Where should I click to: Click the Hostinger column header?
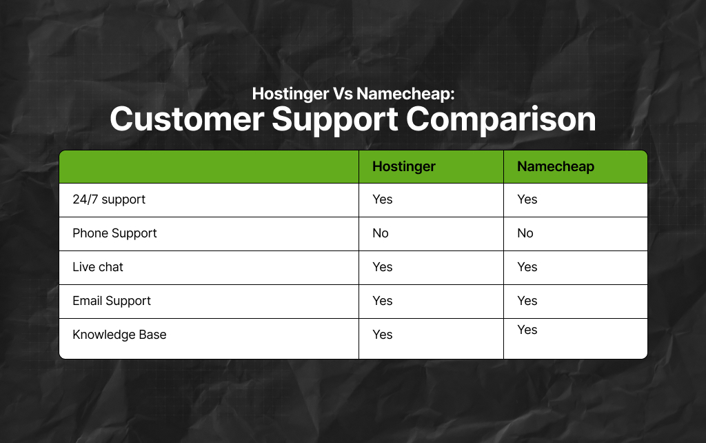pyautogui.click(x=404, y=166)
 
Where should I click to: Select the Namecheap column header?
pyautogui.click(x=556, y=166)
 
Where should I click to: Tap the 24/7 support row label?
pyautogui.click(x=109, y=199)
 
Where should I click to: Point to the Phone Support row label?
pyautogui.click(x=114, y=233)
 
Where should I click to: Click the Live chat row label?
pyautogui.click(x=98, y=267)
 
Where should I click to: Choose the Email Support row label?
pyautogui.click(x=112, y=301)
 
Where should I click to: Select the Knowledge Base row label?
pyautogui.click(x=119, y=335)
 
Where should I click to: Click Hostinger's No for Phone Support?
pyautogui.click(x=381, y=233)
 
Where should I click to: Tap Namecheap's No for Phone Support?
pyautogui.click(x=525, y=233)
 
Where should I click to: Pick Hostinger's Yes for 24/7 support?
pyautogui.click(x=382, y=199)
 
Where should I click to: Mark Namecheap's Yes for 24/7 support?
pyautogui.click(x=527, y=199)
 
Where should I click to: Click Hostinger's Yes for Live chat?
pyautogui.click(x=382, y=267)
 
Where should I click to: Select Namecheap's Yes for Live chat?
pyautogui.click(x=527, y=267)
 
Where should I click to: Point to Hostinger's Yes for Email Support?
pyautogui.click(x=382, y=301)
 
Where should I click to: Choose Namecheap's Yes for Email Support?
pyautogui.click(x=527, y=301)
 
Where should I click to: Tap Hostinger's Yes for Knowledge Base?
pyautogui.click(x=382, y=335)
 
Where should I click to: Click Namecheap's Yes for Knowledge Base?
pyautogui.click(x=527, y=330)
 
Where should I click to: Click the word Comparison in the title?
pyautogui.click(x=501, y=119)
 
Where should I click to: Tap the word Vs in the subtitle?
pyautogui.click(x=341, y=93)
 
